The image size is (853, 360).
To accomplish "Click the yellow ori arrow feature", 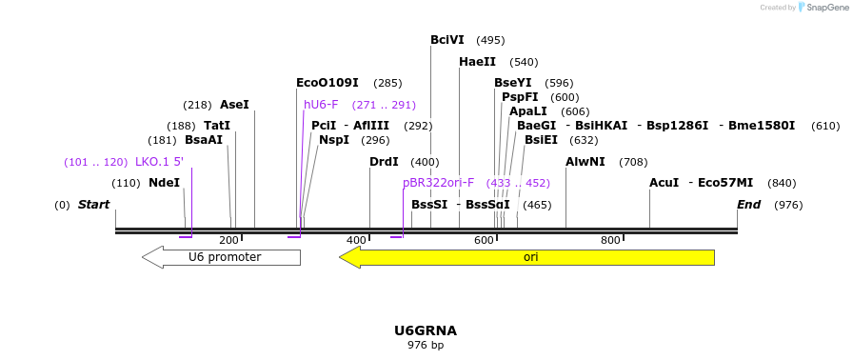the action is pyautogui.click(x=529, y=257).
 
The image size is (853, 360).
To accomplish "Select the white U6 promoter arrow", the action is pyautogui.click(x=223, y=257).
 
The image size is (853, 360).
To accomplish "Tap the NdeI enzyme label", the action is pyautogui.click(x=164, y=183).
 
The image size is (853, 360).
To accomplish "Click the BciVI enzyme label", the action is pyautogui.click(x=447, y=40).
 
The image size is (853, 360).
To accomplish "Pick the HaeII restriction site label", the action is pyautogui.click(x=477, y=62).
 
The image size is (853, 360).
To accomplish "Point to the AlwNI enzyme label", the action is pyautogui.click(x=585, y=162).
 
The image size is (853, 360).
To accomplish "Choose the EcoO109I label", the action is pyautogui.click(x=327, y=83).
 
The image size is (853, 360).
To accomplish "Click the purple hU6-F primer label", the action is pyautogui.click(x=321, y=105).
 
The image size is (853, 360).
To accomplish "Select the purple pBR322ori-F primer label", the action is pyautogui.click(x=438, y=183).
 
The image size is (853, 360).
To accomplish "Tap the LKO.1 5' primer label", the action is pyautogui.click(x=159, y=162).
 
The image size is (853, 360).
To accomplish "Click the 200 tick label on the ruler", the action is pyautogui.click(x=229, y=241).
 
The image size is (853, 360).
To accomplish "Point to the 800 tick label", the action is pyautogui.click(x=610, y=241).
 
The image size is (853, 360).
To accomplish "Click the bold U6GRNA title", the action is pyautogui.click(x=426, y=330).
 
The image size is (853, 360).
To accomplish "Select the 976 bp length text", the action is pyautogui.click(x=426, y=345).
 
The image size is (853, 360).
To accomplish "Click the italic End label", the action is pyautogui.click(x=749, y=205).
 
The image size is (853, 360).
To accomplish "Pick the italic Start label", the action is pyautogui.click(x=93, y=205).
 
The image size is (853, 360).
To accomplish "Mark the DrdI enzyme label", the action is pyautogui.click(x=384, y=162).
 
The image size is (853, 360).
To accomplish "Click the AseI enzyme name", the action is pyautogui.click(x=234, y=105).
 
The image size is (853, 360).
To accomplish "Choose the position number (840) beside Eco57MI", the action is pyautogui.click(x=782, y=183).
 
